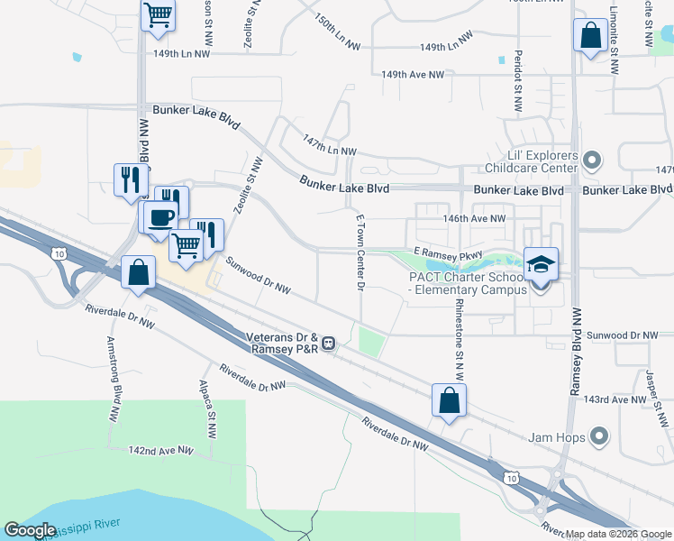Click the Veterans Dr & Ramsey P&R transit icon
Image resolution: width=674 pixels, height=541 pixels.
pos(330,343)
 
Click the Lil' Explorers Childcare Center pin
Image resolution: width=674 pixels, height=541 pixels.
pos(592,162)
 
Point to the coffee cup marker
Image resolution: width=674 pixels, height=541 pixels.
pos(161,218)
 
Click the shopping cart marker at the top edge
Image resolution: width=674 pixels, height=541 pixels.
pos(158,14)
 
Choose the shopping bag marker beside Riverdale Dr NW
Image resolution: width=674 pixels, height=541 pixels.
pos(139,272)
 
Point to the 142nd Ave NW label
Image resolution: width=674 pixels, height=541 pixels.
pos(160,449)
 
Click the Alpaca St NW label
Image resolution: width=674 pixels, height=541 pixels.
pos(208,403)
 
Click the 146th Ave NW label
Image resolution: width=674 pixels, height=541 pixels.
pos(474,218)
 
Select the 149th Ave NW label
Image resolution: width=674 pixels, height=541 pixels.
pos(412,75)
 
